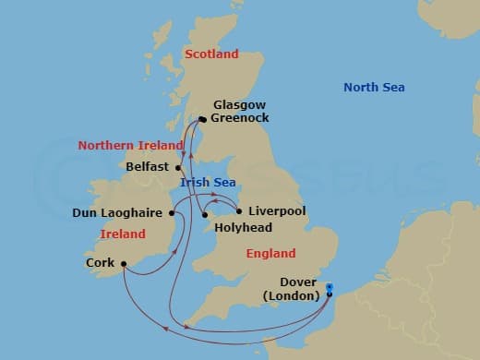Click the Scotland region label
[x=211, y=54]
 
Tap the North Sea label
[x=374, y=88]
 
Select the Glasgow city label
[x=239, y=105]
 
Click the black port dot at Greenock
[x=202, y=118]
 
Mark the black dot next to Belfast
[x=178, y=168]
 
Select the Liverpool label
[x=277, y=211]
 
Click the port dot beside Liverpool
[x=239, y=210]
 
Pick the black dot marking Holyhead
[x=204, y=216]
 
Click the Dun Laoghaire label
[x=118, y=213]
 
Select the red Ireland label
[x=122, y=234]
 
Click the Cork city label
[x=100, y=262]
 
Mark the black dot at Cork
[x=124, y=270]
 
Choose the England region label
[x=270, y=254]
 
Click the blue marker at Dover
[x=330, y=296]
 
